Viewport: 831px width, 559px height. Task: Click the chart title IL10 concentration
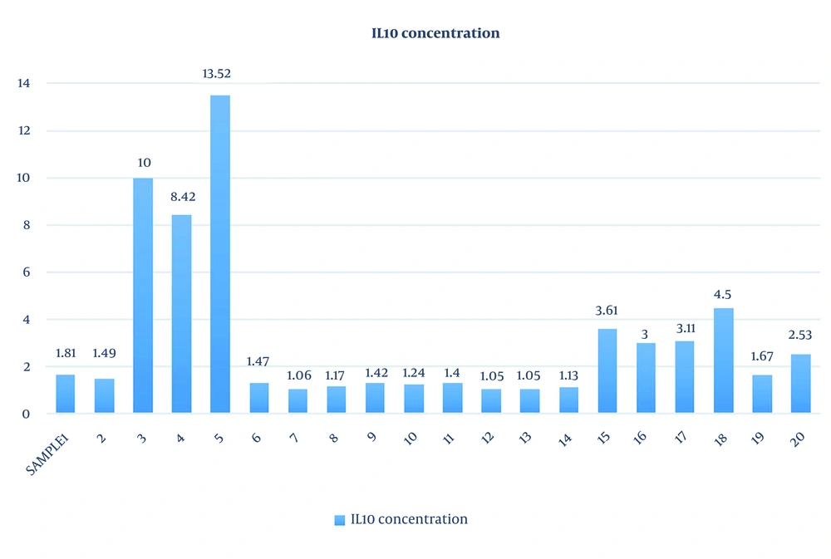pyautogui.click(x=435, y=34)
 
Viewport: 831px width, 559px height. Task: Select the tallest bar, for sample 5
pyautogui.click(x=219, y=254)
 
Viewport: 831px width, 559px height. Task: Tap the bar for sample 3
pyautogui.click(x=143, y=296)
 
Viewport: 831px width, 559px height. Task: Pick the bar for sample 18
pyautogui.click(x=723, y=360)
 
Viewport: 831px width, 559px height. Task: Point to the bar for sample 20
pyautogui.click(x=800, y=384)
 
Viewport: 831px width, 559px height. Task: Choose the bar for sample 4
pyautogui.click(x=181, y=314)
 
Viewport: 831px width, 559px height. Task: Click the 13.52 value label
pyautogui.click(x=217, y=74)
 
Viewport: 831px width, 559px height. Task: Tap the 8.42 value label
pyautogui.click(x=181, y=198)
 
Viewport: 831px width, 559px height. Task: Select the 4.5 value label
pyautogui.click(x=723, y=295)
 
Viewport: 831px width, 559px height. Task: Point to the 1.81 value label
pyautogui.click(x=65, y=353)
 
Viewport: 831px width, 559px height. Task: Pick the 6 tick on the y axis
pyautogui.click(x=27, y=272)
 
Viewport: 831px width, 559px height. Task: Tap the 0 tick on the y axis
pyautogui.click(x=27, y=414)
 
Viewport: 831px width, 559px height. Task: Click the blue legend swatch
pyautogui.click(x=339, y=520)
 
